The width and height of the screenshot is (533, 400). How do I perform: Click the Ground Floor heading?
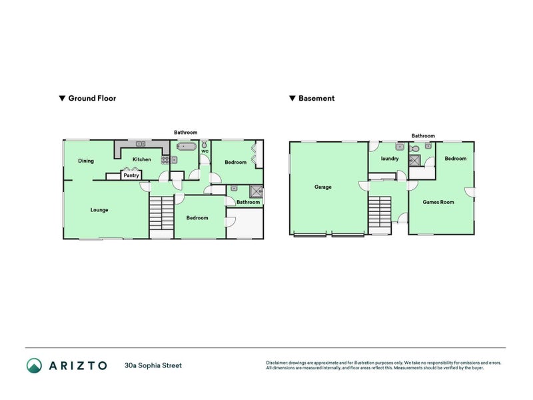click(92, 98)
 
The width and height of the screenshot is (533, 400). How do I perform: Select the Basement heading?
click(316, 98)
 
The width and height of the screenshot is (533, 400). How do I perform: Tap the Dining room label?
click(85, 161)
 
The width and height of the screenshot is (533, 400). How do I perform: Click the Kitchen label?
click(141, 160)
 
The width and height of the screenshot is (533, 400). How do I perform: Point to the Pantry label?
click(131, 176)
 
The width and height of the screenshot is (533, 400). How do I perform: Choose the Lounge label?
click(99, 210)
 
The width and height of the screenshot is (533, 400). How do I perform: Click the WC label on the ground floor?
click(205, 152)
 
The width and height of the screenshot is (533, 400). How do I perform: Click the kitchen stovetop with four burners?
click(165, 160)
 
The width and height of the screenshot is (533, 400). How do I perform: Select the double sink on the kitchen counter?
click(141, 144)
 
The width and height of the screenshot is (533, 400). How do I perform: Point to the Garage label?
click(323, 187)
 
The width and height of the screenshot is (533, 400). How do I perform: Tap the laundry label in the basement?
click(389, 159)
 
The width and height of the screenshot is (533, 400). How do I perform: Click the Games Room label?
click(438, 202)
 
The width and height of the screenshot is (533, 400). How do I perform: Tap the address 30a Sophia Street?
click(153, 365)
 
